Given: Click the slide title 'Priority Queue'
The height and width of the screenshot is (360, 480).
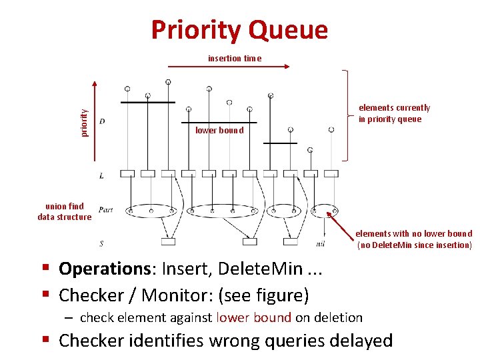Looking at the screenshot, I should [239, 31].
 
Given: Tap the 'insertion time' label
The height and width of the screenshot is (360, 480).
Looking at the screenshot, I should [235, 58].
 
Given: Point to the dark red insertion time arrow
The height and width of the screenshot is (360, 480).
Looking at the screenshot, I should [227, 67].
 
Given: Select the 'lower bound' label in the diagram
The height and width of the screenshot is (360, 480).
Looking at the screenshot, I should [219, 131].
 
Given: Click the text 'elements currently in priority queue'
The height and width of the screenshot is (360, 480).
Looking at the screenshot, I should [394, 113].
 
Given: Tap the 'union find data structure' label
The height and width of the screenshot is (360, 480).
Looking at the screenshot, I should [65, 211].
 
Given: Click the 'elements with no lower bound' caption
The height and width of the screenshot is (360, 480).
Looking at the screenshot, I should [413, 239].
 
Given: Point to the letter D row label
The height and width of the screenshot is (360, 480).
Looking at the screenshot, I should [101, 121].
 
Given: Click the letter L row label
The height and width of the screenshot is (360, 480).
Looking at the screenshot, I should [101, 175].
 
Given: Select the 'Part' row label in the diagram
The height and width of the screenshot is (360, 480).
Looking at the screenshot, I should [105, 209].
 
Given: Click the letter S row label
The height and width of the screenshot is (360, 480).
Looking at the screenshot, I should [101, 243].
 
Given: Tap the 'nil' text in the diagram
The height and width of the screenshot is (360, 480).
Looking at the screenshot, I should [321, 244].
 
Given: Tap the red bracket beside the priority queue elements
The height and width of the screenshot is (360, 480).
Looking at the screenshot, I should [346, 115].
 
